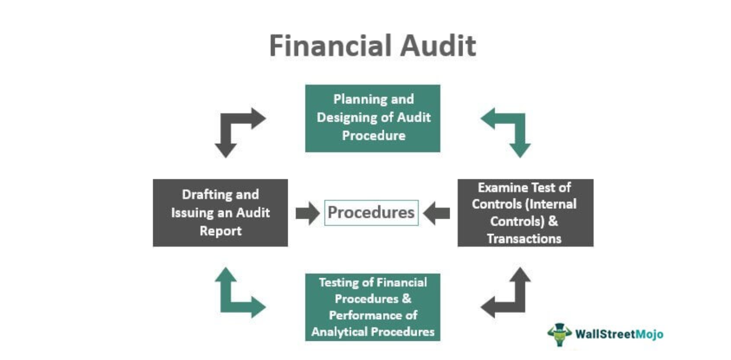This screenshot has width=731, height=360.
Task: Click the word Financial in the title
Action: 330,46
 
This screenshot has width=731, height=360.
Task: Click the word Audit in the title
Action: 438,46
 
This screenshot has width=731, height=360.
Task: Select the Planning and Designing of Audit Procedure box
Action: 373,118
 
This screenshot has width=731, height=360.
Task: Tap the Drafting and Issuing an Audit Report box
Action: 220,213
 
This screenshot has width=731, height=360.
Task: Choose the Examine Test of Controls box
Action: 526,213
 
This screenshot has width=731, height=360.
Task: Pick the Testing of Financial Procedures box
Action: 373,307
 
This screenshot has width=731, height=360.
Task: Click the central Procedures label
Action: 371,213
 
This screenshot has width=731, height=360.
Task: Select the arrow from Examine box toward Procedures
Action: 436,213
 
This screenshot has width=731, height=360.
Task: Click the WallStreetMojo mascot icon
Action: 560,334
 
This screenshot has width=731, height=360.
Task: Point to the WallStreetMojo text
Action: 619,334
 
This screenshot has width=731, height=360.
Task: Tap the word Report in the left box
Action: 221,231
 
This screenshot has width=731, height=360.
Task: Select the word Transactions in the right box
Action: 524,238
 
